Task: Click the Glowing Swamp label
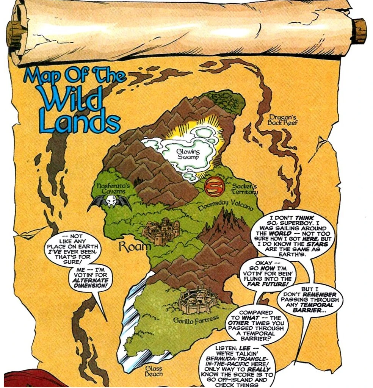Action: pyautogui.click(x=188, y=154)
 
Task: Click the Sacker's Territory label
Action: pyautogui.click(x=244, y=189)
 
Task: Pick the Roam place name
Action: pyautogui.click(x=135, y=247)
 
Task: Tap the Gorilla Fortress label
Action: pyautogui.click(x=196, y=320)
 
